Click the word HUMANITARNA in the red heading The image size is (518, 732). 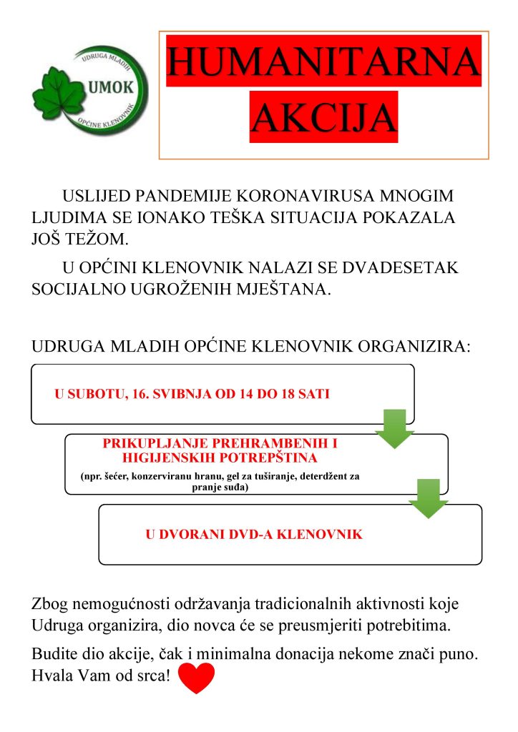point(323,61)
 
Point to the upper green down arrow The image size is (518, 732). point(394,428)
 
